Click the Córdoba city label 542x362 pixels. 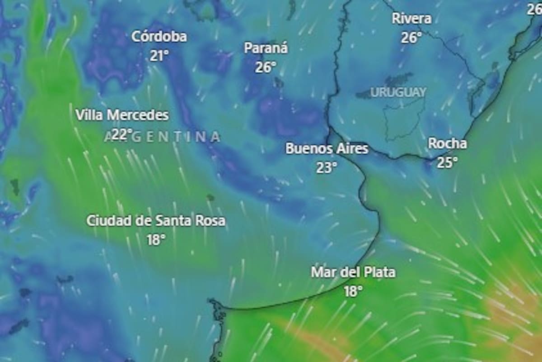[x=159, y=37]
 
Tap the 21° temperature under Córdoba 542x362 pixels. [x=159, y=56]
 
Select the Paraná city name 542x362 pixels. [x=266, y=48]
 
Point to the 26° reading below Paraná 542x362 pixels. [x=266, y=67]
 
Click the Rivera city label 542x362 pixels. [x=411, y=19]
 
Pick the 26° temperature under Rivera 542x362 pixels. [x=411, y=38]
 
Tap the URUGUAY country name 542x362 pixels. [x=398, y=92]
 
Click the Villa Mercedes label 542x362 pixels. [x=122, y=115]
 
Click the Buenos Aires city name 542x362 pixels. [x=327, y=148]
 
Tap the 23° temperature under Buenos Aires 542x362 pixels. [x=327, y=168]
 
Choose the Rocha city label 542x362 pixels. [x=447, y=143]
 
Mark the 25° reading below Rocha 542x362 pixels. [x=447, y=163]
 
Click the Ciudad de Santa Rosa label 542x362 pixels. [x=156, y=221]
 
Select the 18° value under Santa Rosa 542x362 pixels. [x=156, y=240]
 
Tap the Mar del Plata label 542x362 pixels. [x=353, y=272]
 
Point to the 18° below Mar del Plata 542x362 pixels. [x=353, y=292]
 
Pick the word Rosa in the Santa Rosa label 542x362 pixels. [x=210, y=221]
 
